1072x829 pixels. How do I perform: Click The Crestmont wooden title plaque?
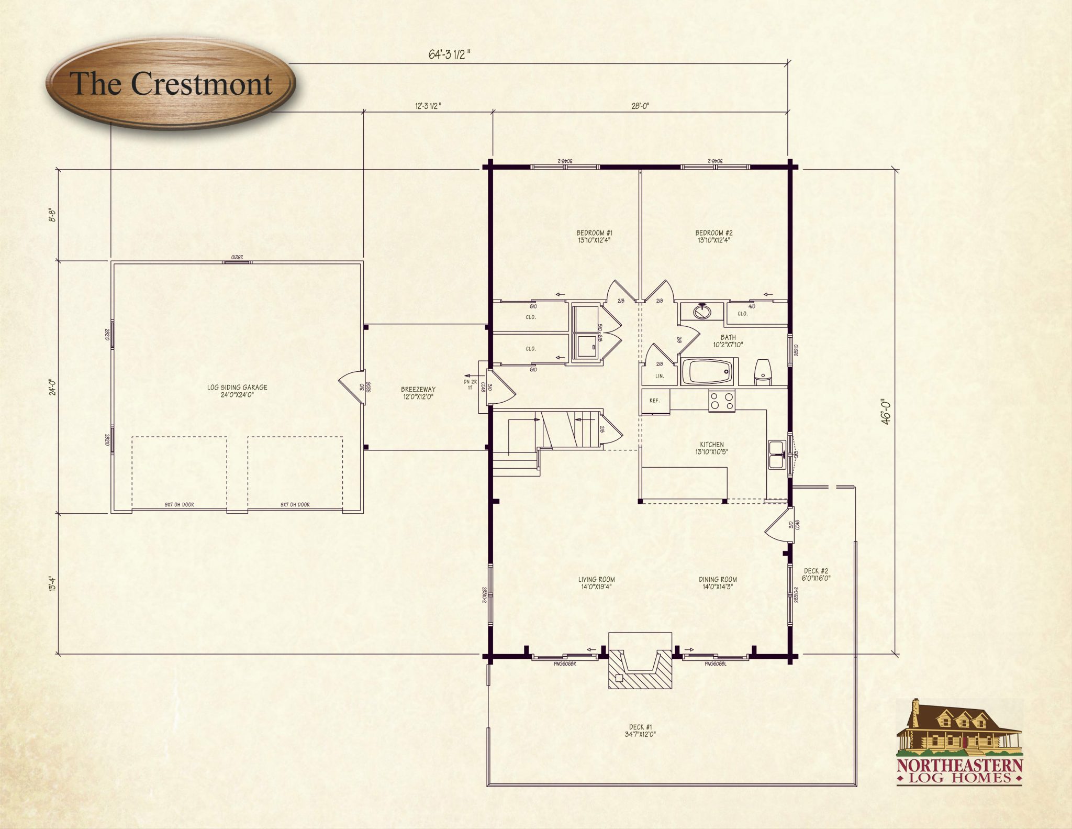click(x=171, y=84)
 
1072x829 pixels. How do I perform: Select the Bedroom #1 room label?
click(x=594, y=237)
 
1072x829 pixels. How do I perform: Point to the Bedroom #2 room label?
click(x=713, y=237)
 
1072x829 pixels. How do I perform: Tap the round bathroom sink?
click(x=701, y=312)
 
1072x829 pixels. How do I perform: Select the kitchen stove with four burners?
click(x=722, y=401)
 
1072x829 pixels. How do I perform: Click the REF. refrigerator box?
click(x=655, y=401)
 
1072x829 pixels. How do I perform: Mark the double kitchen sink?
click(x=776, y=455)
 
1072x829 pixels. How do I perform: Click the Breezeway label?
click(x=418, y=393)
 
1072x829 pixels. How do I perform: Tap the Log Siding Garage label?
click(x=237, y=391)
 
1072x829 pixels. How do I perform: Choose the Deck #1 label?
click(x=640, y=731)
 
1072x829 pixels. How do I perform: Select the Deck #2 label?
click(x=816, y=574)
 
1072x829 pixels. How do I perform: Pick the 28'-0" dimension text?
click(x=640, y=106)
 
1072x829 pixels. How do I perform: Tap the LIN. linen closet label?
click(x=660, y=376)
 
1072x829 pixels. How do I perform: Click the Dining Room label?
click(x=718, y=583)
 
